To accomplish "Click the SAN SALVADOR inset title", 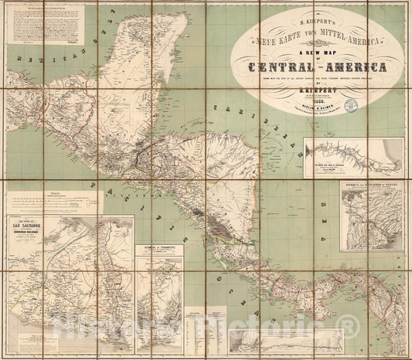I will [32, 222].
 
